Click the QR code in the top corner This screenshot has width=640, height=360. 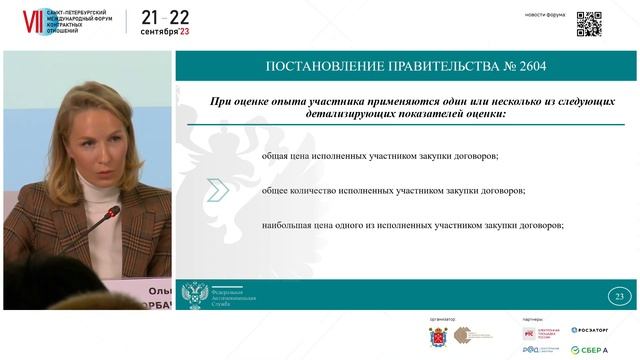point(589,23)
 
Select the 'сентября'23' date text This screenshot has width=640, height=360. point(165,32)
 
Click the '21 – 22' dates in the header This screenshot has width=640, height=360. point(165,17)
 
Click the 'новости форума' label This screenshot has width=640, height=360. point(545,14)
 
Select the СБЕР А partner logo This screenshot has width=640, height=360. point(589,349)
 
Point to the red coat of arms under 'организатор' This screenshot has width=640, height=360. point(437,335)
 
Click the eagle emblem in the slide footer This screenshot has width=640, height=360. point(193,295)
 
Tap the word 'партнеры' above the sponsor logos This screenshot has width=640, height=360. point(532,319)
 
